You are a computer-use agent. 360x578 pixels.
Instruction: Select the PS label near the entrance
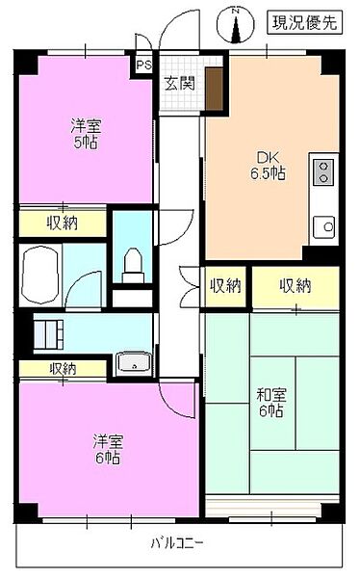pos(143,66)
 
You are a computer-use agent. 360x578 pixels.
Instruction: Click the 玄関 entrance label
pos(179,83)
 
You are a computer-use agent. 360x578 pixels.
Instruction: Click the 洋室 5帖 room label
pos(85,134)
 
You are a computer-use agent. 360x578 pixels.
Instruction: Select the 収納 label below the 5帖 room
pos(63,223)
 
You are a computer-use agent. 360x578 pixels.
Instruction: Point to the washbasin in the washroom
pos(131,363)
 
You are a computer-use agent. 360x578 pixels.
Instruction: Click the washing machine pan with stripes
pos(47,336)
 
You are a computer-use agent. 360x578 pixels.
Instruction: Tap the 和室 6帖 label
pos(270,402)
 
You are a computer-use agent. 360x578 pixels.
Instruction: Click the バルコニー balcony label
pos(177,543)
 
